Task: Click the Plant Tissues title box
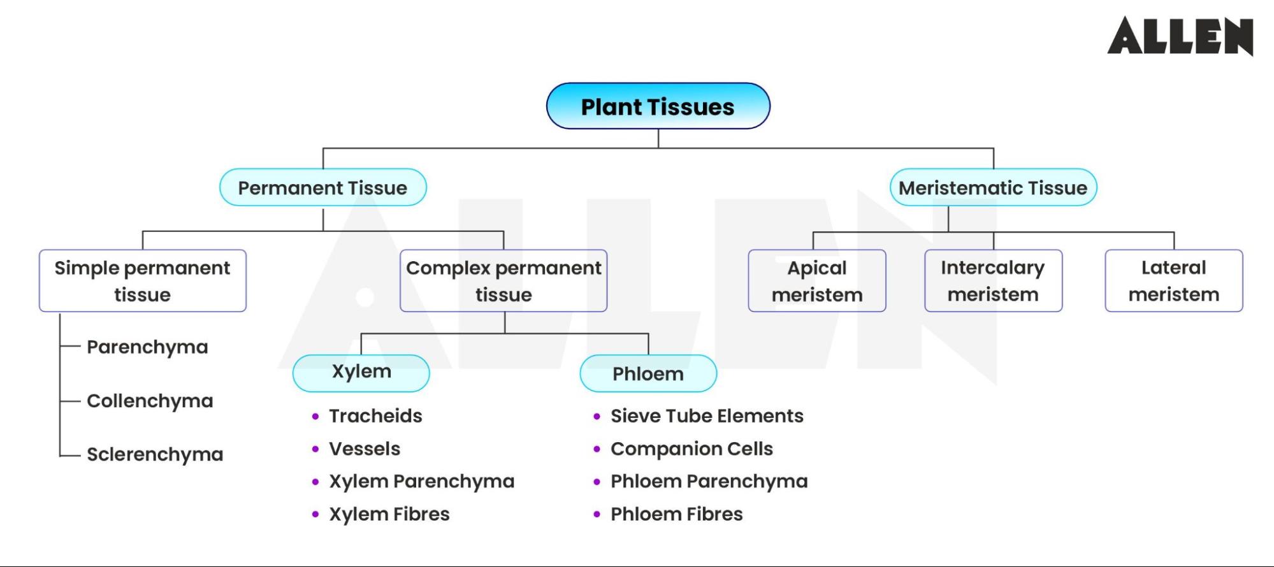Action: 658,106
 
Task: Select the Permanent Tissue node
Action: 322,188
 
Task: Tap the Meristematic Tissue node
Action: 992,188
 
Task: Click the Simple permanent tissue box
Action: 142,281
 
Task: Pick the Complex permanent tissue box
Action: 503,281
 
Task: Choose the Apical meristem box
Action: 816,281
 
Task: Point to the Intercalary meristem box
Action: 992,281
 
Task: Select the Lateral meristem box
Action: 1173,281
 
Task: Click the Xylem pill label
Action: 361,373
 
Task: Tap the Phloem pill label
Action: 648,374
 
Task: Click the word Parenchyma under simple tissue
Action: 147,347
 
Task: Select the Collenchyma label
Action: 150,401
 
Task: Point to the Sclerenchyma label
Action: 155,455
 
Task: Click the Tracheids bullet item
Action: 375,416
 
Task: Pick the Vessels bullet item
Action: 365,449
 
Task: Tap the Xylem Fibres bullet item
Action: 389,514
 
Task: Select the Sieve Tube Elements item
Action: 706,416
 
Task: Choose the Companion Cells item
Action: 691,449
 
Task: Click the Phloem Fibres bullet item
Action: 676,514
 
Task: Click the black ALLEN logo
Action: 1180,36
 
